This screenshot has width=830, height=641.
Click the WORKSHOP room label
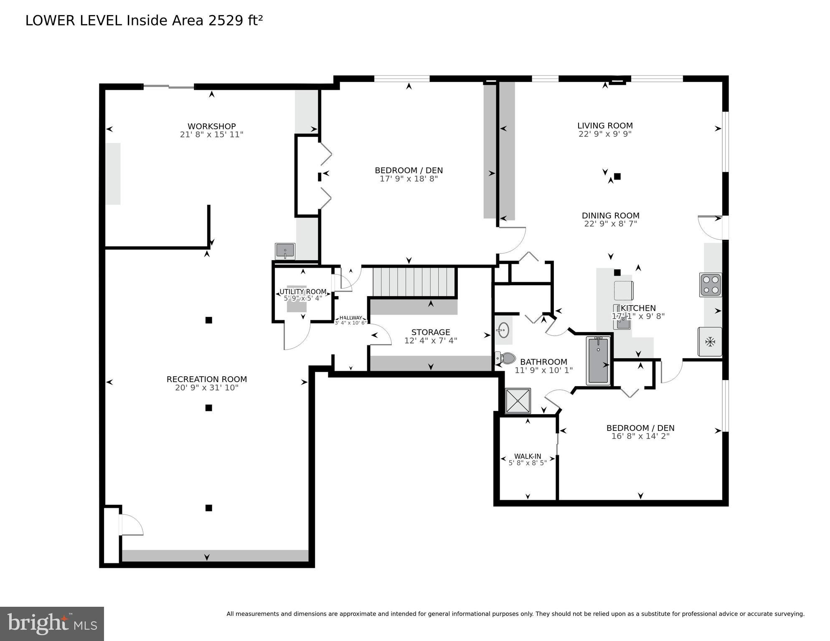click(x=211, y=126)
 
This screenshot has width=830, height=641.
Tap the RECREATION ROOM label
click(x=207, y=379)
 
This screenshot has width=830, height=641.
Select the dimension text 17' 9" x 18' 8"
click(x=409, y=179)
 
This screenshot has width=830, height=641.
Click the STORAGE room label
click(x=431, y=332)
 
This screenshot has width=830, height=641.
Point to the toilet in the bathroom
click(x=506, y=358)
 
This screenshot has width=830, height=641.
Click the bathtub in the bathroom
click(x=598, y=360)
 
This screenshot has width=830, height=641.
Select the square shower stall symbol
click(x=518, y=401)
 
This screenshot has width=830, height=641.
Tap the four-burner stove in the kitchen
click(x=711, y=285)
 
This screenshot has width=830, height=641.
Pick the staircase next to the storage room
click(x=413, y=282)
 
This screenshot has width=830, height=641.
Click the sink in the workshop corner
click(x=285, y=251)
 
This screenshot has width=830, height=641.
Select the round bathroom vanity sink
click(x=503, y=330)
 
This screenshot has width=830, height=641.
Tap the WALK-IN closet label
click(x=528, y=456)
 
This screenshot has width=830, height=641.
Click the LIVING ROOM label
click(x=605, y=125)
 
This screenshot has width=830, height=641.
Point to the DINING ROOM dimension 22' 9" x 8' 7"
click(x=610, y=224)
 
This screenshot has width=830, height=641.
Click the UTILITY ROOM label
click(x=303, y=291)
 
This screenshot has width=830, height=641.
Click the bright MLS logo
click(x=52, y=623)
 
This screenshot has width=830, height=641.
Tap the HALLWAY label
click(x=350, y=318)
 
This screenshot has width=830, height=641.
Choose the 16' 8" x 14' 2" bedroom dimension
click(x=640, y=436)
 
